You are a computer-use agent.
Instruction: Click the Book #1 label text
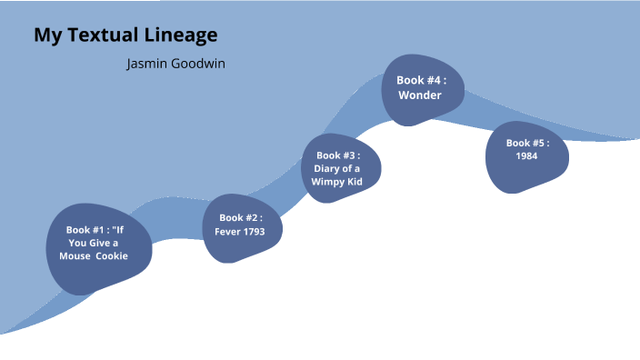(x=86, y=230)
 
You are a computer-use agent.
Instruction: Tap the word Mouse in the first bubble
(x=66, y=255)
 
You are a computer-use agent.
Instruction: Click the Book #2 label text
(x=240, y=218)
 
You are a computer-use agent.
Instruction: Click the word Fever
(x=227, y=232)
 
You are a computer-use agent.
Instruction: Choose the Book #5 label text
(x=527, y=143)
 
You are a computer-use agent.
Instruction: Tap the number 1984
(x=526, y=156)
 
